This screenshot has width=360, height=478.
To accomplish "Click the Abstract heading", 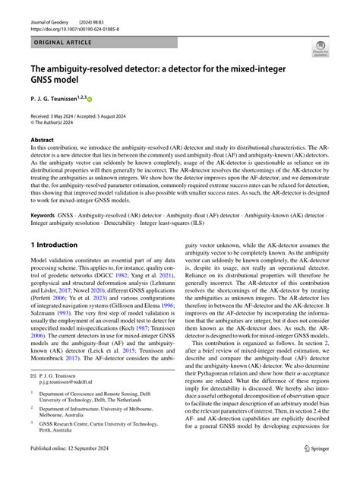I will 42,139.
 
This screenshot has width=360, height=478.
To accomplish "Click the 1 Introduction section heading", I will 54,245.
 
